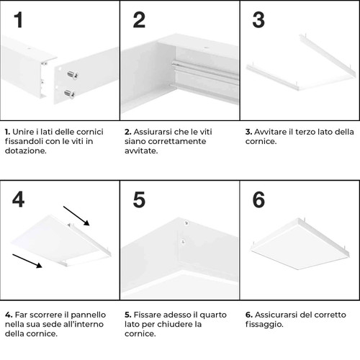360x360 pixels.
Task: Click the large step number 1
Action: [x=18, y=20]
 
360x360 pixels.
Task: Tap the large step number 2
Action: [x=139, y=20]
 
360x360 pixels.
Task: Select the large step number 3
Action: [x=258, y=20]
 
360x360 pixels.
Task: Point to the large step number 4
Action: [x=18, y=199]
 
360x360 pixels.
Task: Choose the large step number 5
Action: [x=139, y=199]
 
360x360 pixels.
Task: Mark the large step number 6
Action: [x=258, y=199]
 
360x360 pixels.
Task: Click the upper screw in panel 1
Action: [x=71, y=74]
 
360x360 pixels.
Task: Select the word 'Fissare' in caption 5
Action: [x=148, y=315]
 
